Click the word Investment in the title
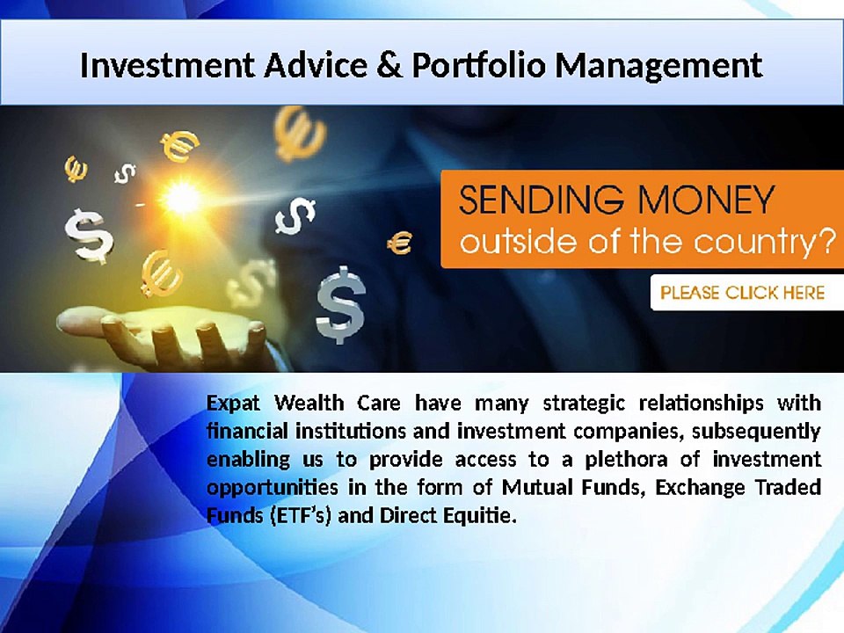click(167, 65)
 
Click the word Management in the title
click(658, 66)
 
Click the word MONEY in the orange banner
click(706, 200)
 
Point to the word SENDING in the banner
click(541, 200)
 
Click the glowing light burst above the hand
click(181, 198)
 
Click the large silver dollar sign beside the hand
click(340, 305)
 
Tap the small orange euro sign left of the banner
click(400, 243)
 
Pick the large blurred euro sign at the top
click(299, 134)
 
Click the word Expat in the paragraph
click(233, 404)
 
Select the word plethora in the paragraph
click(626, 460)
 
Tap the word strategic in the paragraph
click(584, 404)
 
